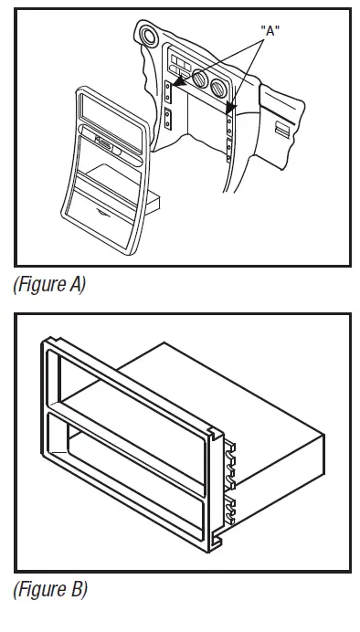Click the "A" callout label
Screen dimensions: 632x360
pyautogui.click(x=270, y=29)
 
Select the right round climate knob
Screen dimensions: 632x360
pyautogui.click(x=220, y=91)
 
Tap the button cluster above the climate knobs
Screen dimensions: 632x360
pyautogui.click(x=181, y=66)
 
